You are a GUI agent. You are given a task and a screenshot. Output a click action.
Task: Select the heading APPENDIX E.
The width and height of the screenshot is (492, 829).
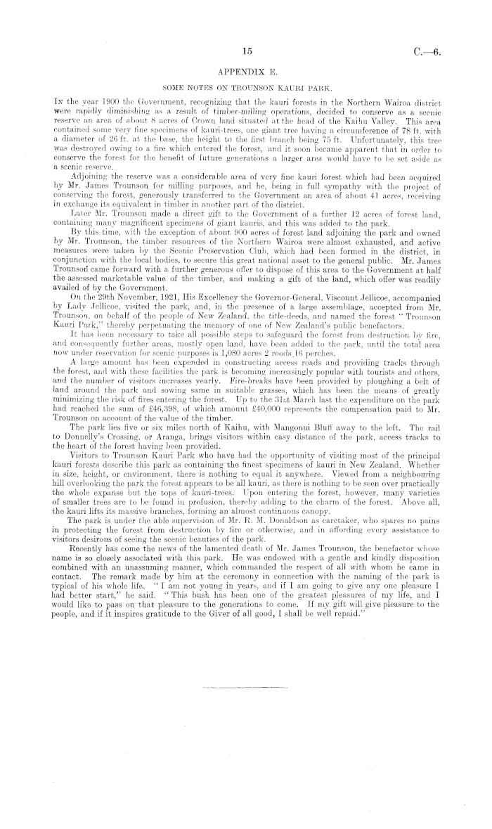pos(245,71)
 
